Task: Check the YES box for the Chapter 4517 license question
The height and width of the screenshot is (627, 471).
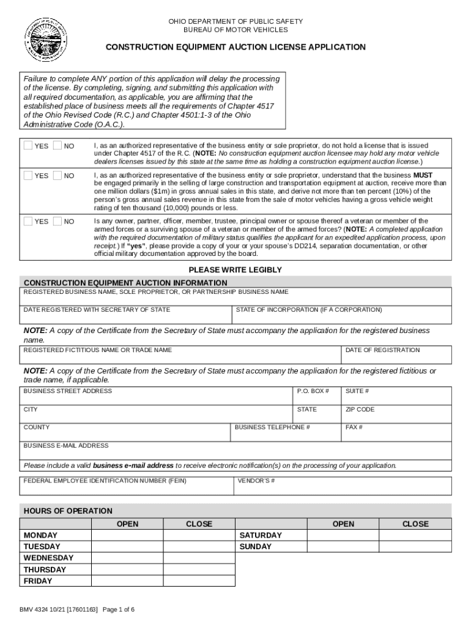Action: pos(29,146)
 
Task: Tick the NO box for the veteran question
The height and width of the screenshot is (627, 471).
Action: pos(58,221)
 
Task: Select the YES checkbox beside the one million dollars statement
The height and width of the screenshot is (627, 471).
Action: pos(29,176)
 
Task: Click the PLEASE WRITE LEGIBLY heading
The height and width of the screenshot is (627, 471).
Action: pos(235,270)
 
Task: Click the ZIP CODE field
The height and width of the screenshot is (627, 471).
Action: pos(396,414)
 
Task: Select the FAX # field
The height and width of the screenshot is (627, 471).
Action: pos(396,432)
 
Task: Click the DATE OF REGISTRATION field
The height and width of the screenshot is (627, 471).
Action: pos(396,355)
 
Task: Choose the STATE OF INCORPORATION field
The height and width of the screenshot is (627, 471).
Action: pos(343,314)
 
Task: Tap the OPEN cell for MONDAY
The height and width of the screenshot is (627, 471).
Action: pos(127,536)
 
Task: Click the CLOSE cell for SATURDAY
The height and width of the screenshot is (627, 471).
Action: pos(415,536)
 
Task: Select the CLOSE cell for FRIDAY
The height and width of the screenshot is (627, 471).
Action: pos(199,581)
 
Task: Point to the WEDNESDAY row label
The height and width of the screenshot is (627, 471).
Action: pos(48,558)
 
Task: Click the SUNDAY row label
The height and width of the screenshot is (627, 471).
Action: pos(256,547)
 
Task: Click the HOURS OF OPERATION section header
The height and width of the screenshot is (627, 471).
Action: pos(68,511)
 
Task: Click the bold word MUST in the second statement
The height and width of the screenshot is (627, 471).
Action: pos(423,176)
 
